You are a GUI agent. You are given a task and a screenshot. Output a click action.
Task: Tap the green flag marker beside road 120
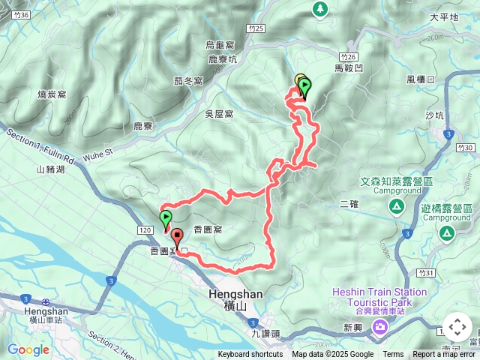[165, 220]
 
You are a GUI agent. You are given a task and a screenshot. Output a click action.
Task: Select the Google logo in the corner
[28, 349]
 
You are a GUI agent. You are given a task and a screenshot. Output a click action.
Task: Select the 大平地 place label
[444, 16]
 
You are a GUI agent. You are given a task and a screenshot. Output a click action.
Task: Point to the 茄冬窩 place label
[187, 81]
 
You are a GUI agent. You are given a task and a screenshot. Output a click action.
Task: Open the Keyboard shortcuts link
[250, 355]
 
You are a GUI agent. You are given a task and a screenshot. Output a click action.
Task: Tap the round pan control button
[457, 328]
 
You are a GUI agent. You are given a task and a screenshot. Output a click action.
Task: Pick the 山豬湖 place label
[50, 170]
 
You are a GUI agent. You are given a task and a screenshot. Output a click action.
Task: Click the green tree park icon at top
[320, 8]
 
